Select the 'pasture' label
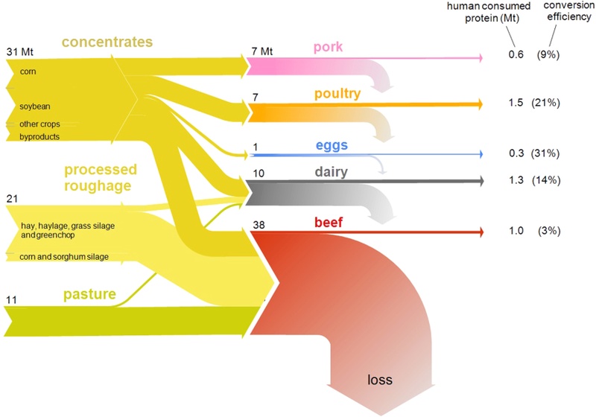91,294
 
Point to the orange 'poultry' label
337,94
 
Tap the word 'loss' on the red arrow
379,379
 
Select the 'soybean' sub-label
35,106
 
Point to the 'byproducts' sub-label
39,137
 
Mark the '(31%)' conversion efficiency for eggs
545,153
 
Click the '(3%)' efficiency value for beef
548,231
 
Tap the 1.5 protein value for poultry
512,101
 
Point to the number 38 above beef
259,223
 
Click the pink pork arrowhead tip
482,57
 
